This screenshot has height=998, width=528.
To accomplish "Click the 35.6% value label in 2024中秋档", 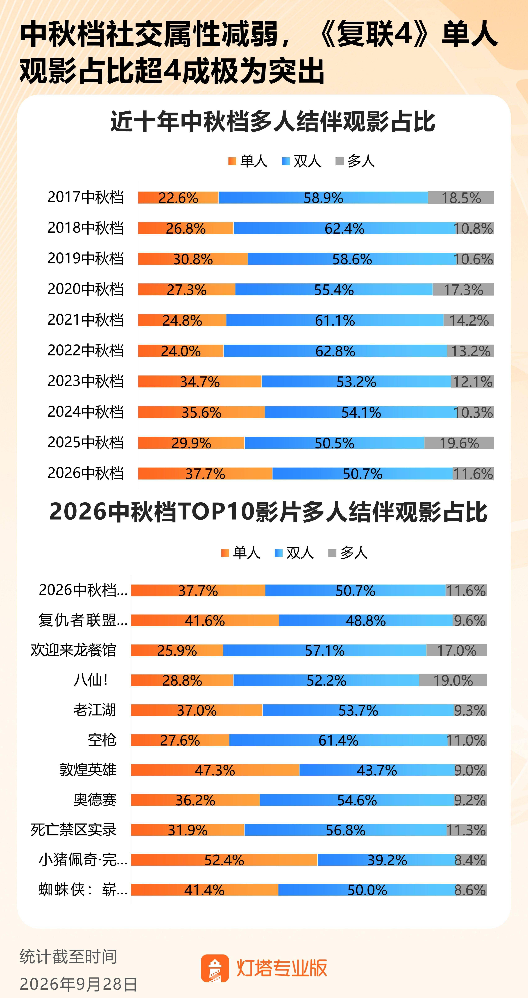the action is click(202, 413).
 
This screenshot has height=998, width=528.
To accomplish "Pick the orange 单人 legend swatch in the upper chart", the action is click(232, 161).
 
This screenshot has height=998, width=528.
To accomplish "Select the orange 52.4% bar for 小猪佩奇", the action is click(224, 860).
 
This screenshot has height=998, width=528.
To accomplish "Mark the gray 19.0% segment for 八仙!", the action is click(453, 680).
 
